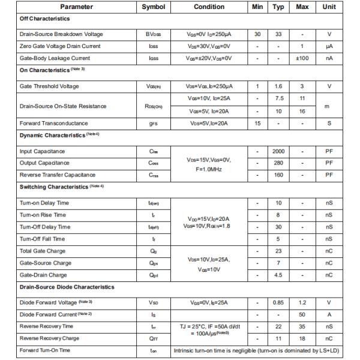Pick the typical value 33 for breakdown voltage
point(278,34)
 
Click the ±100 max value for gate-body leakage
point(304,58)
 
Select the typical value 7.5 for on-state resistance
point(278,97)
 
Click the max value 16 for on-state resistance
point(304,110)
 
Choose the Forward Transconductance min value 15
point(257,123)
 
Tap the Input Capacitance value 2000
point(278,151)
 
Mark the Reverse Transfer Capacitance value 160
point(278,175)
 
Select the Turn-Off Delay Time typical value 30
point(278,227)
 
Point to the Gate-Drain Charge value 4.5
point(278,275)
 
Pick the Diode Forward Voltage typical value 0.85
point(278,302)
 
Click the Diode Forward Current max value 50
point(304,314)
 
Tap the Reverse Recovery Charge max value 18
point(304,338)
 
